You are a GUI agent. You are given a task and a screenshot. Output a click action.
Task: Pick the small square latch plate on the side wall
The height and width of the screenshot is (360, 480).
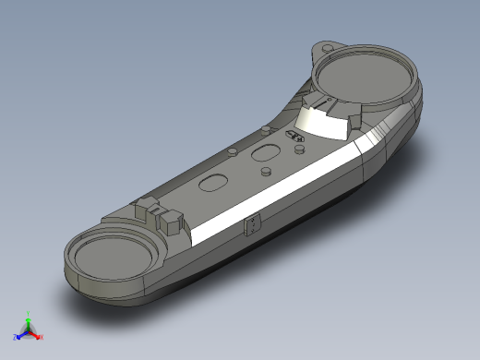coord(251,225)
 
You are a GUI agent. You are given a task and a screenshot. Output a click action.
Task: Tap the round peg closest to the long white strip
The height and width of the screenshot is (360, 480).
coord(265,171)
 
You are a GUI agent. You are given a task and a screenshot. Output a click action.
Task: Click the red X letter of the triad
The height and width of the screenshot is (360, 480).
coord(41,337)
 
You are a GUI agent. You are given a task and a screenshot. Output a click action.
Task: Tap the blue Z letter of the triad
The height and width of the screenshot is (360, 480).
coord(16,337)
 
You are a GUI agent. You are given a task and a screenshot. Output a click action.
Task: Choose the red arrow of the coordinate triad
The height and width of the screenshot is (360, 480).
coord(35,333)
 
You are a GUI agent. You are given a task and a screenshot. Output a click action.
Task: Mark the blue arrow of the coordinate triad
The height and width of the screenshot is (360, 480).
coord(22,333)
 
